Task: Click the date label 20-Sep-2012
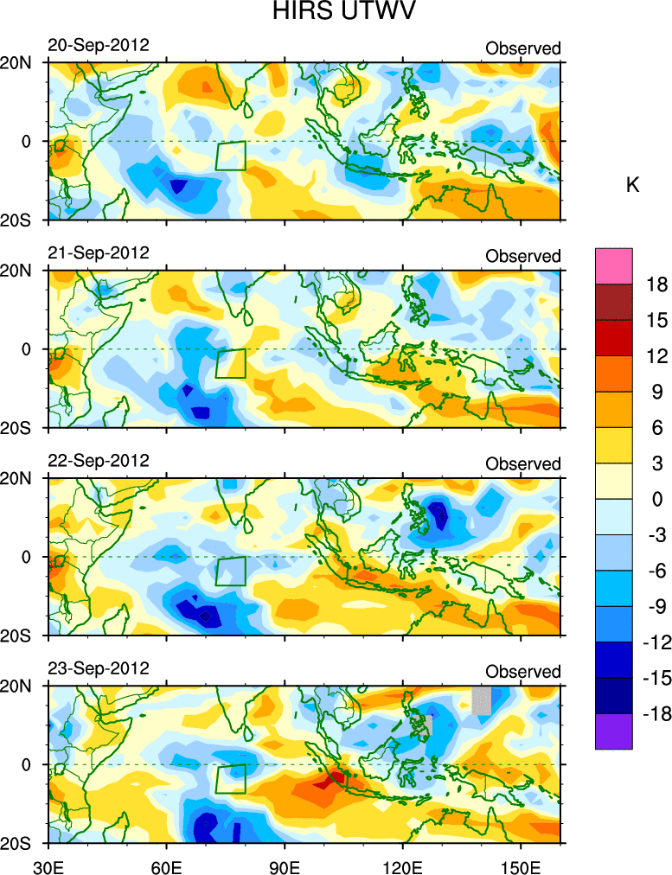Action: click(x=98, y=45)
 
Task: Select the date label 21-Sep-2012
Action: click(x=98, y=252)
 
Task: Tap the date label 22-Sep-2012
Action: click(x=98, y=460)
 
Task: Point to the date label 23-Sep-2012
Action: click(x=98, y=667)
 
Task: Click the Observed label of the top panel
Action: click(x=522, y=48)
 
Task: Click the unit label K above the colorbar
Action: click(x=632, y=185)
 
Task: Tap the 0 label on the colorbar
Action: click(x=659, y=499)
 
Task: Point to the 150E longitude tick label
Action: click(x=521, y=865)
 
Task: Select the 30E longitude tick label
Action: click(x=47, y=865)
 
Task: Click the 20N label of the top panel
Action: click(x=17, y=63)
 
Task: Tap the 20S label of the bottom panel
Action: click(x=17, y=843)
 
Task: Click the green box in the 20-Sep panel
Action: click(x=231, y=156)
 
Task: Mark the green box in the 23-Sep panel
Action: click(x=231, y=778)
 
